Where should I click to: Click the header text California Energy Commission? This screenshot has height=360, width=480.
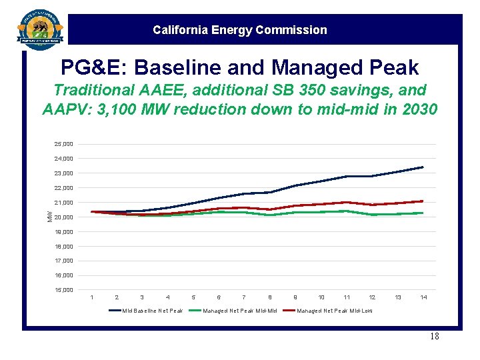tap(240, 30)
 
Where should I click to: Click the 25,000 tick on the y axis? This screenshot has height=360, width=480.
tap(65, 144)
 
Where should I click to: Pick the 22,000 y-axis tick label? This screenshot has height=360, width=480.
tap(65, 188)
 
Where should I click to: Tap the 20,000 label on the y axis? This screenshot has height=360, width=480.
tap(65, 217)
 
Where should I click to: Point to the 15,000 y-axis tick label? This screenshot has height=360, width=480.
tap(65, 290)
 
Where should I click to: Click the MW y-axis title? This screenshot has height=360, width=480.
tap(49, 215)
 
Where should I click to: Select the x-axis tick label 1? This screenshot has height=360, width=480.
tap(91, 297)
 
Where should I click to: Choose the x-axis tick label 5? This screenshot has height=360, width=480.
tap(193, 297)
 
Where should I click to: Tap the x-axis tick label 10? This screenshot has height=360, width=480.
tap(321, 297)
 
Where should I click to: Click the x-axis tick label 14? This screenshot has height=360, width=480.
tap(423, 297)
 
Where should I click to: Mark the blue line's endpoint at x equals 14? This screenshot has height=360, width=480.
tap(423, 167)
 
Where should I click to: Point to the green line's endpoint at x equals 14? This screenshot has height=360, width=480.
tap(423, 213)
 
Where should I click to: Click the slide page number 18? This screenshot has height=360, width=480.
tap(433, 337)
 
